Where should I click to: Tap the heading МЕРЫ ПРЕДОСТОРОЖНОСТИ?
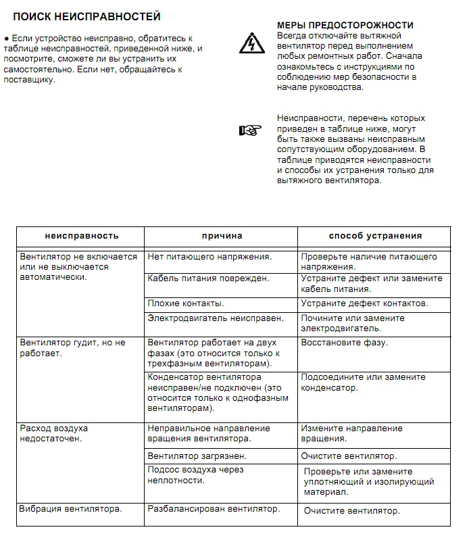345,25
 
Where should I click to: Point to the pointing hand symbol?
249,130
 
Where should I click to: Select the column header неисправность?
82,236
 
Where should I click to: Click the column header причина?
222,236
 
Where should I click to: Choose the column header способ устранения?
375,236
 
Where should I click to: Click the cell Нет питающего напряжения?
209,257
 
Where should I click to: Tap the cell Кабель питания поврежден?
208,278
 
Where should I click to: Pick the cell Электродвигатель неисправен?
216,318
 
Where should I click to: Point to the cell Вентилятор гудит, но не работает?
73,347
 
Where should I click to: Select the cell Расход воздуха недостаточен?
54,433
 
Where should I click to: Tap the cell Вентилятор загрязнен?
197,456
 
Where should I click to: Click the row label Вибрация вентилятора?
70,509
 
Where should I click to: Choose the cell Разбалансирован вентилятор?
213,509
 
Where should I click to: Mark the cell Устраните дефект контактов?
364,303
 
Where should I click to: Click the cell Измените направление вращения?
351,433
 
